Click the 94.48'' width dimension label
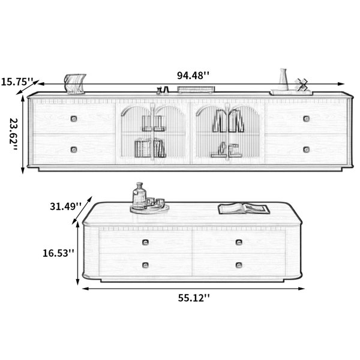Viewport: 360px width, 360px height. [193, 76]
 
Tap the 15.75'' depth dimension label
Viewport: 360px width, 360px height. [17, 82]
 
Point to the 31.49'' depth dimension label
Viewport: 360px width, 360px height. [65, 206]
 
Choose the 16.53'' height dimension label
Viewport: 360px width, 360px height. [59, 253]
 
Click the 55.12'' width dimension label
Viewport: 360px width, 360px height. [194, 298]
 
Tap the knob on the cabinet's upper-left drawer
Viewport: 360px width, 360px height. [74, 119]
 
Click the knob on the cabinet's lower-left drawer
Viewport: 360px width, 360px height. [74, 149]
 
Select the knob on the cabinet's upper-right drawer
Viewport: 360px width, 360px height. [306, 119]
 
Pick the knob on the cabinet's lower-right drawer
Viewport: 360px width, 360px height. [306, 149]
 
